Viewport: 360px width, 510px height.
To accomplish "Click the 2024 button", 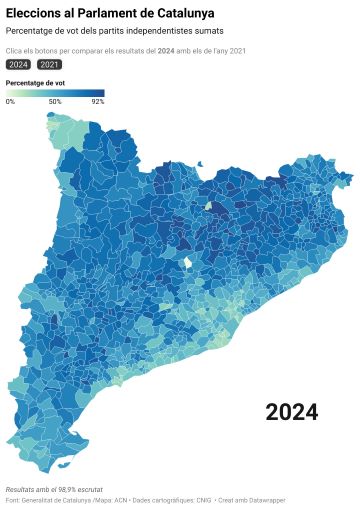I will [18, 64].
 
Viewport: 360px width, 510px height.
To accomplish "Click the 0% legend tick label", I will [10, 101].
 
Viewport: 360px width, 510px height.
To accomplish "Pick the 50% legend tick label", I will [55, 101].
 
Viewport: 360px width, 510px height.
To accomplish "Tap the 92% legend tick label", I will [97, 101].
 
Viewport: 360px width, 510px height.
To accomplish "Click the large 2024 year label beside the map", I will [292, 412].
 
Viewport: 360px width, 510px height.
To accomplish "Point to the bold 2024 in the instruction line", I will [166, 49].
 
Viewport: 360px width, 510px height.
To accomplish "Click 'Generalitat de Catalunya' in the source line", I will [59, 499].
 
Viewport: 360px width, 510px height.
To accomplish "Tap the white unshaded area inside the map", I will [186, 264].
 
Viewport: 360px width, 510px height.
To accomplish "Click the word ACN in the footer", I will [120, 499].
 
